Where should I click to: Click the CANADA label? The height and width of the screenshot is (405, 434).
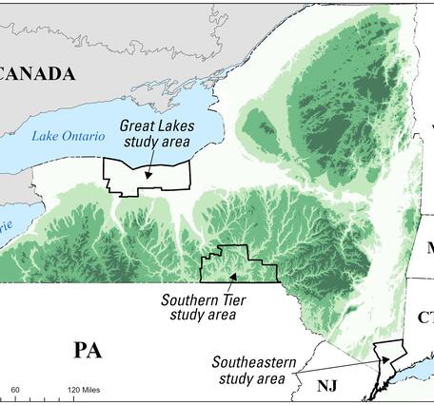[38, 74]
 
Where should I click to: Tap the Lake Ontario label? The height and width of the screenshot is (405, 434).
[64, 136]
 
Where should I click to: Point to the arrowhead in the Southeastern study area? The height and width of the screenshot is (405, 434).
[385, 359]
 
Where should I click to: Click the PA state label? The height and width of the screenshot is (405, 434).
[87, 351]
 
